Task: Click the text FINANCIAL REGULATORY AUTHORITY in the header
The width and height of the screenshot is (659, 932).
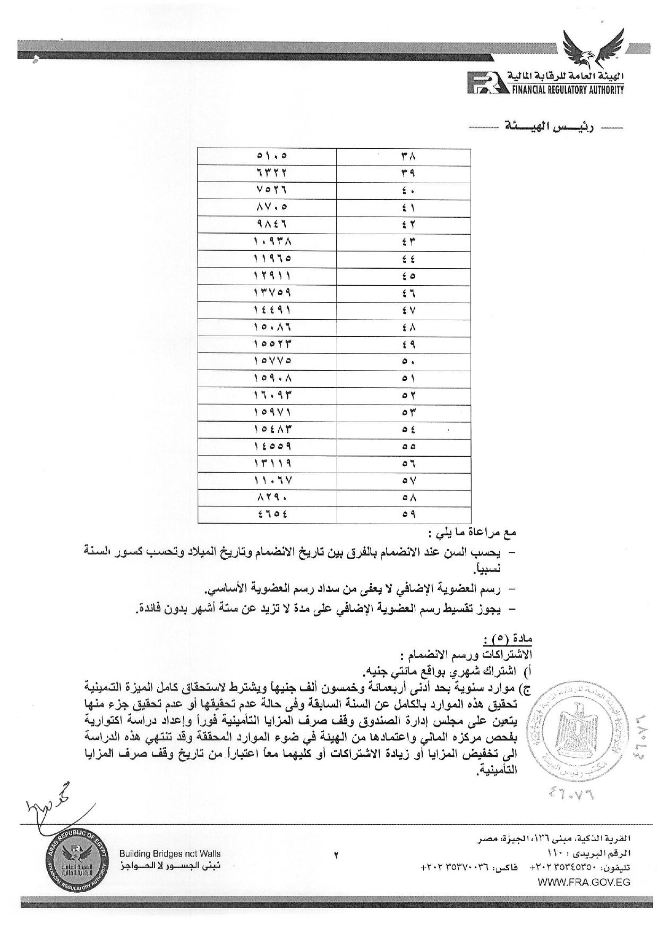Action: [567, 90]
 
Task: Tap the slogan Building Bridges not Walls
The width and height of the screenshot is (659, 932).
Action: [170, 854]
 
